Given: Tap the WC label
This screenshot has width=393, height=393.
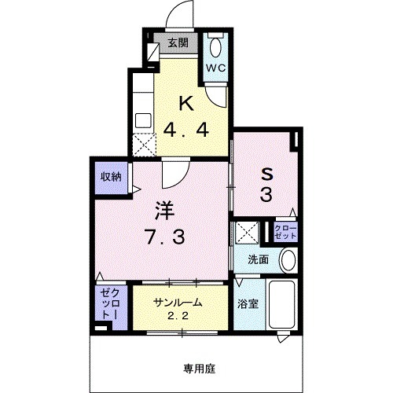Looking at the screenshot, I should tap(215, 68).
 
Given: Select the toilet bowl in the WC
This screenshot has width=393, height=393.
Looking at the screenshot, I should tap(215, 44).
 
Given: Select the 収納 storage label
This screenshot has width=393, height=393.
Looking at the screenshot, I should tap(109, 178).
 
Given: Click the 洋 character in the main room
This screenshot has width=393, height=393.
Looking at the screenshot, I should tap(163, 210).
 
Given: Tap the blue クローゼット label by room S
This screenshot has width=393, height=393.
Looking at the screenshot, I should tap(285, 232).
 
